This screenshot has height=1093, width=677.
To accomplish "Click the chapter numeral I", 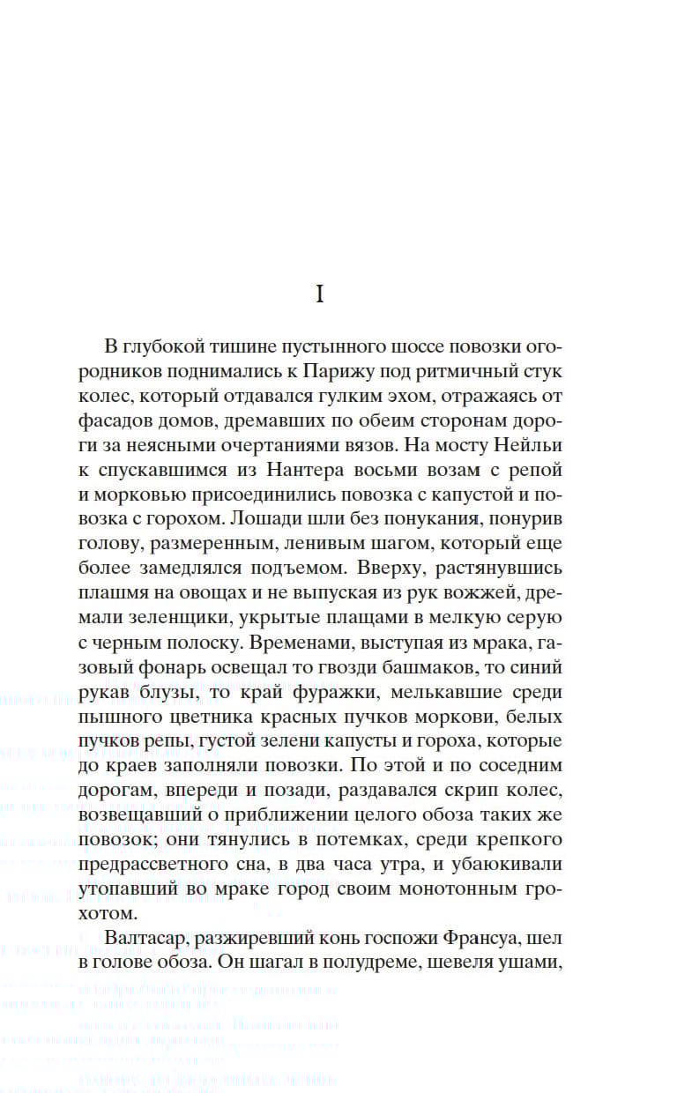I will (x=320, y=295).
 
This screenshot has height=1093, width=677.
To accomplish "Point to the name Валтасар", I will (x=145, y=937).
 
